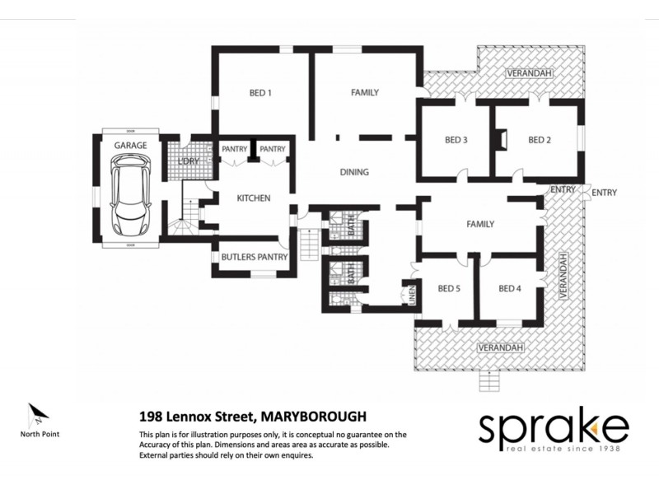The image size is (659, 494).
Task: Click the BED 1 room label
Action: [x=260, y=93]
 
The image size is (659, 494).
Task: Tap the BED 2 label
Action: [x=539, y=140]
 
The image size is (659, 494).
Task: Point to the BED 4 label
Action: [x=510, y=288]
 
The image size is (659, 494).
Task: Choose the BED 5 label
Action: [x=449, y=288]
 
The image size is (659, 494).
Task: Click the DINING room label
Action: [x=354, y=172]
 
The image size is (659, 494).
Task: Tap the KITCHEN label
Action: [x=254, y=198]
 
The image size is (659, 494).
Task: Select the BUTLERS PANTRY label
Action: [x=255, y=258]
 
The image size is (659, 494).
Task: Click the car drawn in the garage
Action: [x=130, y=196]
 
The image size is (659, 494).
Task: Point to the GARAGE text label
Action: [x=130, y=146]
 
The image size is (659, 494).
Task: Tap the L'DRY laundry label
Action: [x=189, y=161]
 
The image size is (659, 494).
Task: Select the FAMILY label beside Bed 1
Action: [x=364, y=93]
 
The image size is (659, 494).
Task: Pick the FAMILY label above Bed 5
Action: [x=479, y=224]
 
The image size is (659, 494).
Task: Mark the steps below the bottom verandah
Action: [x=493, y=380]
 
